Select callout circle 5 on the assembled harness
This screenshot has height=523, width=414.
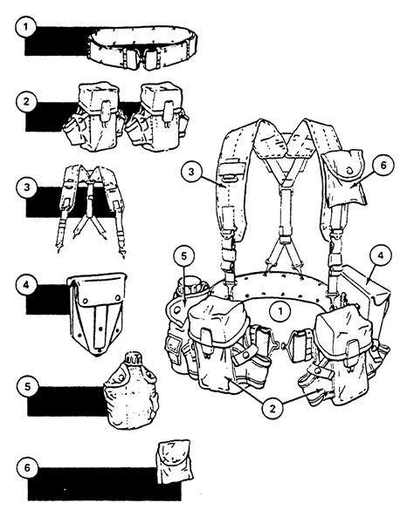[182, 258]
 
